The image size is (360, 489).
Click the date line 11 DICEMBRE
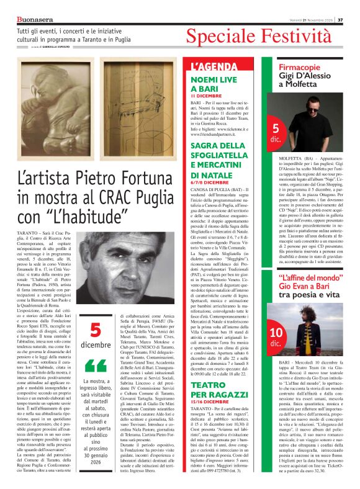pyautogui.click(x=206, y=97)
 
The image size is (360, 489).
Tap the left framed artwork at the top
pyautogui.click(x=52, y=104)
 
